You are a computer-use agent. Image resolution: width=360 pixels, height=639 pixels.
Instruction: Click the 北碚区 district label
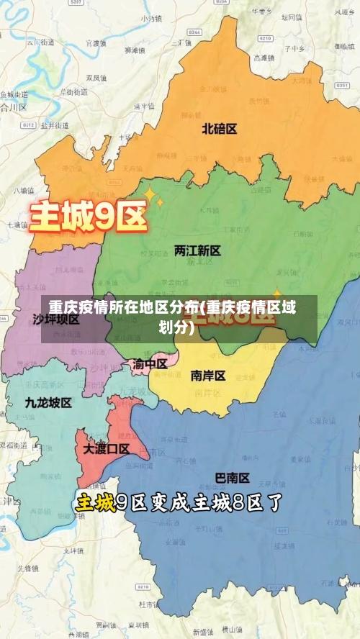220,130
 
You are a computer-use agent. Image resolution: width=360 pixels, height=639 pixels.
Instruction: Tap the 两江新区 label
197,250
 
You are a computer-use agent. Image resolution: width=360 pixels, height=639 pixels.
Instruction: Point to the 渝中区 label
150,365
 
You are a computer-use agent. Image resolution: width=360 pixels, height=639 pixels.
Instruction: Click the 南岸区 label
208,376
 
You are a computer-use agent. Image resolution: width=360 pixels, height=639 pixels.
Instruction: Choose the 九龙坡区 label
48,403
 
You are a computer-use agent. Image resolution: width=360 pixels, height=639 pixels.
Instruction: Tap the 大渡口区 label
106,449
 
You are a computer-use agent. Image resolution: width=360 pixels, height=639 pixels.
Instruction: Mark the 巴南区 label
233,477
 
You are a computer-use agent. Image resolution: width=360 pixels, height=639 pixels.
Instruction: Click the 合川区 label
13,107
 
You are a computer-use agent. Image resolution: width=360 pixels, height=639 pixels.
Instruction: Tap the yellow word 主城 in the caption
96,503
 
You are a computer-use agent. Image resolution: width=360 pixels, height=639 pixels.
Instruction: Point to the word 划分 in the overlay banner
176,328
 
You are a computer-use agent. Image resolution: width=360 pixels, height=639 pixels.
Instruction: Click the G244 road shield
194,32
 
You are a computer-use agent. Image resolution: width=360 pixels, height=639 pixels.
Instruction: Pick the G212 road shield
29,124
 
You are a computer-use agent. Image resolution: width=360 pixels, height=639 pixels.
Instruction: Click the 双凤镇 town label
96,77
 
